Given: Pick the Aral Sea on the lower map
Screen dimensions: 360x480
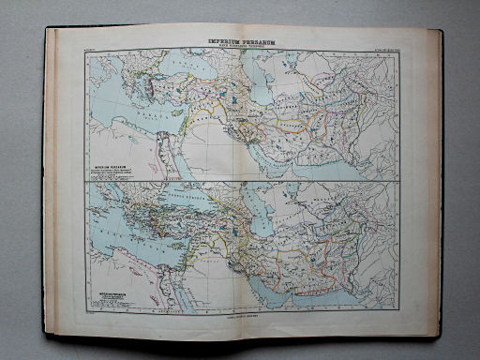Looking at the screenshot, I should pos(305,191).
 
